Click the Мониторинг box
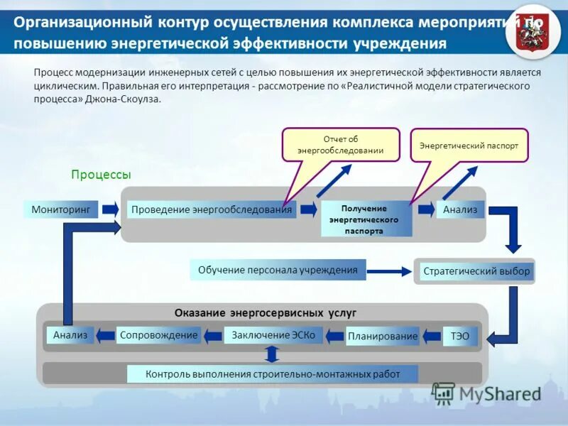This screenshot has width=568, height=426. [x=61, y=209]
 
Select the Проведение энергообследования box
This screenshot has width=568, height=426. [x=212, y=209]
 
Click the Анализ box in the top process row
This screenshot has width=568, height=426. [x=460, y=209]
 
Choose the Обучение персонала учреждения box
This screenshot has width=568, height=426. [x=278, y=270]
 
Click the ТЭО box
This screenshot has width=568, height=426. [x=459, y=336]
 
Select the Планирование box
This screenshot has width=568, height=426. [x=383, y=336]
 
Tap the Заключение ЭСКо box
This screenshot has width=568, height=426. [x=273, y=335]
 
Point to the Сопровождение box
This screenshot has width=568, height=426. [x=158, y=335]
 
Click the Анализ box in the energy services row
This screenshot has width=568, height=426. [x=70, y=335]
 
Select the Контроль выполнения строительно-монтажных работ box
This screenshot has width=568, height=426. [x=273, y=373]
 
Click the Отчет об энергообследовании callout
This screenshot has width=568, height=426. [x=341, y=145]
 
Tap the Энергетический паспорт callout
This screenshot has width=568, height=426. [x=469, y=146]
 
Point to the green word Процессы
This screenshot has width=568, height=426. [x=101, y=175]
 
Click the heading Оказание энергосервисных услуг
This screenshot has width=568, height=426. [x=266, y=312]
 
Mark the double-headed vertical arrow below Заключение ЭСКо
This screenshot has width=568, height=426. [x=271, y=354]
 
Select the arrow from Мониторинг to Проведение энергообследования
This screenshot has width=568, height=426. [x=110, y=209]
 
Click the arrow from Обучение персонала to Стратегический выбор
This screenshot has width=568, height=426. [x=389, y=271]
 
